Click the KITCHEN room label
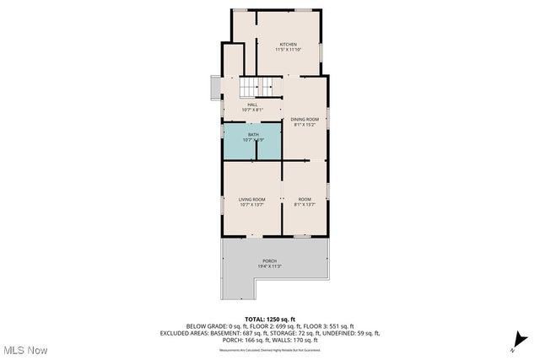[289, 44]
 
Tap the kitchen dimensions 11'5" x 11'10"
[289, 50]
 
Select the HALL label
[252, 105]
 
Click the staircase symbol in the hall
[257, 88]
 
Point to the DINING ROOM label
[304, 120]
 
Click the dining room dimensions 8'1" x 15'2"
[304, 126]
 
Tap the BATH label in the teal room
[253, 134]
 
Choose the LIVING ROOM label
[252, 199]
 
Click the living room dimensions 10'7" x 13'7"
[252, 205]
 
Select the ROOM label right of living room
[304, 199]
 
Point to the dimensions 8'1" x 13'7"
[304, 205]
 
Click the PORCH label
[269, 261]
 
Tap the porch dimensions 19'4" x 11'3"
[269, 267]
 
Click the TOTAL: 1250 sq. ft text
[270, 320]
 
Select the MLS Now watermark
[24, 350]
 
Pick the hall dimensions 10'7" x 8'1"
[252, 110]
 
